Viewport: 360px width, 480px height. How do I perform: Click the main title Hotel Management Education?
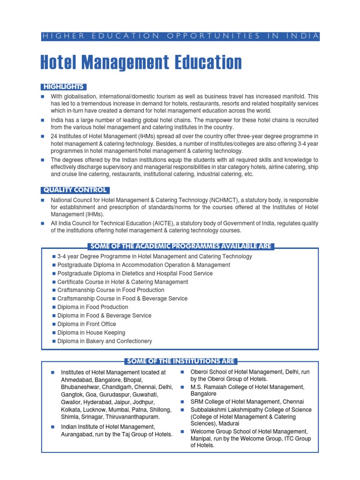pyautogui.click(x=142, y=62)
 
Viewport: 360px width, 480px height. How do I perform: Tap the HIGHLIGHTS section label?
pyautogui.click(x=64, y=87)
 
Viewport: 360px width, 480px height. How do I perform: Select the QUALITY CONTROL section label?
pyautogui.click(x=75, y=190)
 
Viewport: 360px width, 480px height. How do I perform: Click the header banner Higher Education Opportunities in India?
pyautogui.click(x=180, y=36)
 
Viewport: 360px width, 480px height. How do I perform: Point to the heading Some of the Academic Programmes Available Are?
pyautogui.click(x=180, y=246)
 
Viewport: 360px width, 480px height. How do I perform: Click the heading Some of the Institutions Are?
pyautogui.click(x=180, y=361)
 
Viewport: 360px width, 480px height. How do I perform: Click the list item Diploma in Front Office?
pyautogui.click(x=87, y=324)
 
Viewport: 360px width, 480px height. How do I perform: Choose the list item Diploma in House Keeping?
pyautogui.click(x=91, y=332)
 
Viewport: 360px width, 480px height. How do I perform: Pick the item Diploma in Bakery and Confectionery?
pyautogui.click(x=105, y=341)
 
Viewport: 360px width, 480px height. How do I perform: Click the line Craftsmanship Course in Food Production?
pyautogui.click(x=111, y=290)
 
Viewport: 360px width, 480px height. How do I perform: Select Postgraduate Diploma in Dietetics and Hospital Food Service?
pyautogui.click(x=135, y=273)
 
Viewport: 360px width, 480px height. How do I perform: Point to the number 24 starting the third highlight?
pyautogui.click(x=54, y=136)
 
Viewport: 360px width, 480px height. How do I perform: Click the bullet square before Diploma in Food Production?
pyautogui.click(x=54, y=307)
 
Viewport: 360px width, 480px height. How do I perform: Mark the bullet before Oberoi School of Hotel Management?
pyautogui.click(x=182, y=372)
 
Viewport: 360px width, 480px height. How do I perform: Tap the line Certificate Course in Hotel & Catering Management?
pyautogui.click(x=122, y=282)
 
